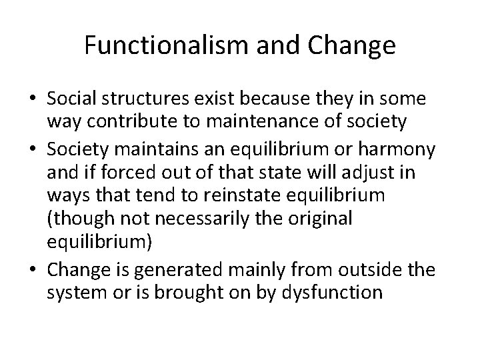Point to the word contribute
pos(134,121)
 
